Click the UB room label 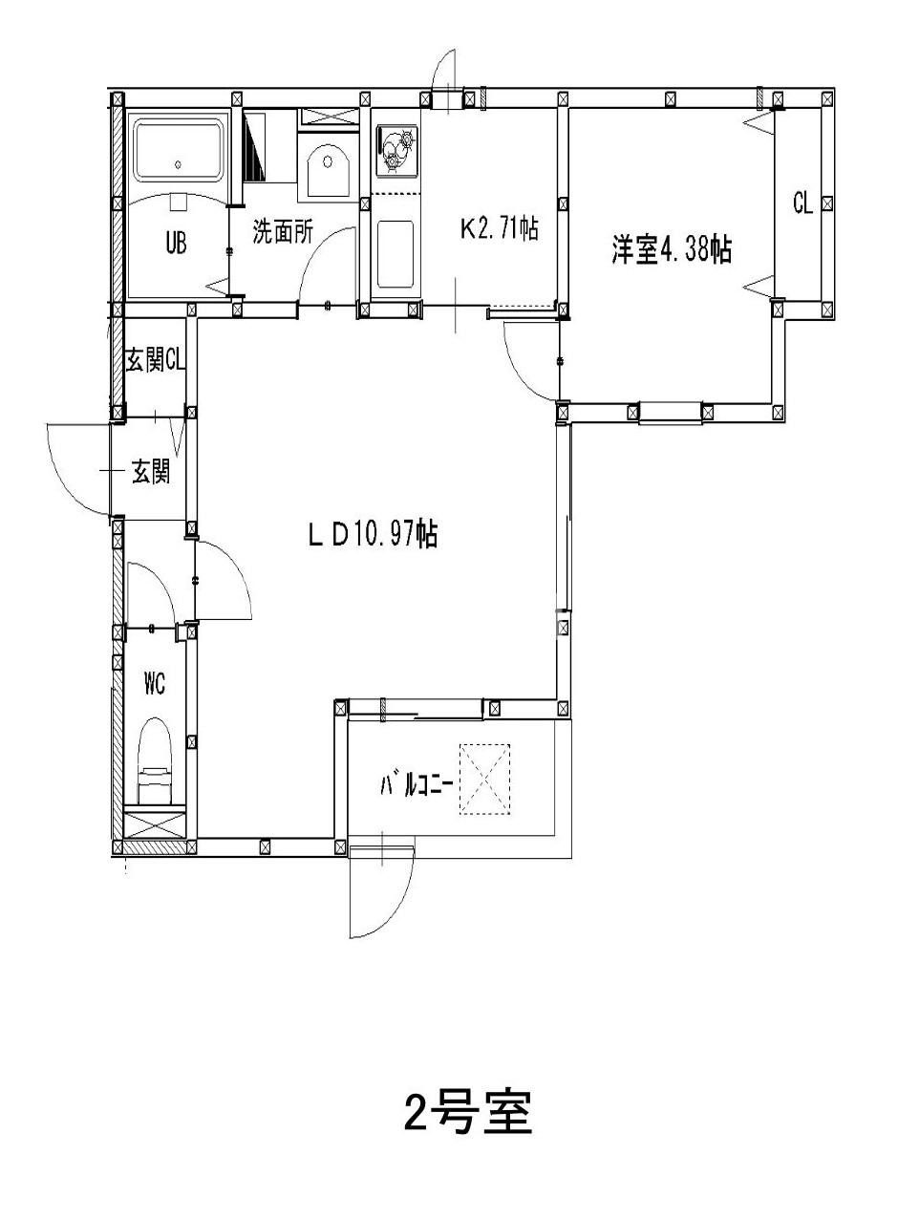(x=175, y=243)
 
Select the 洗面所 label (x=283, y=232)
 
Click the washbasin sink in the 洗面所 (x=330, y=172)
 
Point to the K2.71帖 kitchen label (x=499, y=228)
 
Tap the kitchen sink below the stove (x=395, y=254)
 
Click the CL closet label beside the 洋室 (x=802, y=203)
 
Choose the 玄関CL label (x=155, y=361)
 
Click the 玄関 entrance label (x=150, y=471)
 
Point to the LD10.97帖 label (x=373, y=535)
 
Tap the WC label (x=155, y=684)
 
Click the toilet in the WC (x=155, y=759)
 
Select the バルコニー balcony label (x=417, y=785)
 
